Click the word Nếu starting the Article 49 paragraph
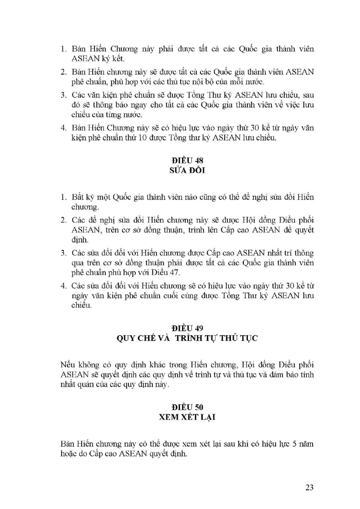pyautogui.click(x=69, y=363)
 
